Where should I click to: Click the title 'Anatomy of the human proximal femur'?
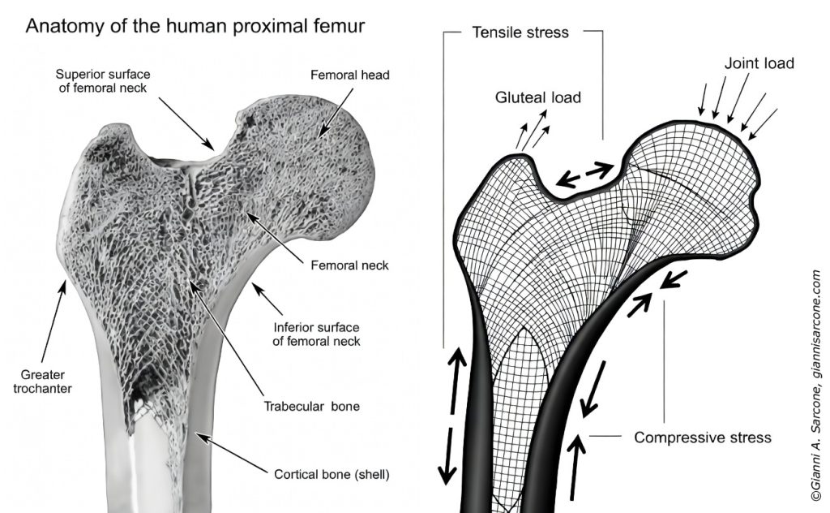(x=195, y=26)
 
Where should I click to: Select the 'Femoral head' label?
(x=350, y=75)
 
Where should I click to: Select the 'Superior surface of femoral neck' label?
(x=113, y=81)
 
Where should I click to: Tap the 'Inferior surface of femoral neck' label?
(x=316, y=334)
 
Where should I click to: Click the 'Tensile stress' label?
(x=520, y=33)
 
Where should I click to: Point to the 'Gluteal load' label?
(x=538, y=97)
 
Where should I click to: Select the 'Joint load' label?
(x=759, y=63)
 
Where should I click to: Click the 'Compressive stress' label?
(x=703, y=438)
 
